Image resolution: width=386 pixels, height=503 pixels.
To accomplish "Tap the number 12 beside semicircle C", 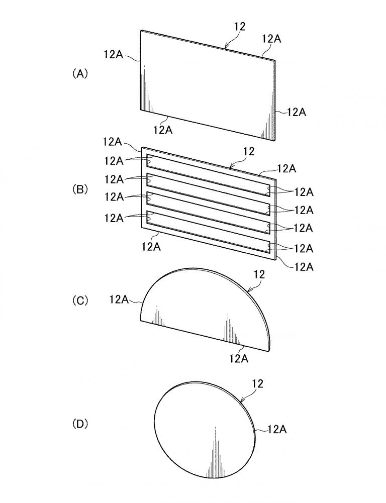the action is click(x=259, y=274).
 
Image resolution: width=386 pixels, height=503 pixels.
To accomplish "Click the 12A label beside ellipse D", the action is click(x=277, y=429).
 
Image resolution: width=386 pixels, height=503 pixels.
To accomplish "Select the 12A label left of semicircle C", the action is click(x=119, y=299).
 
